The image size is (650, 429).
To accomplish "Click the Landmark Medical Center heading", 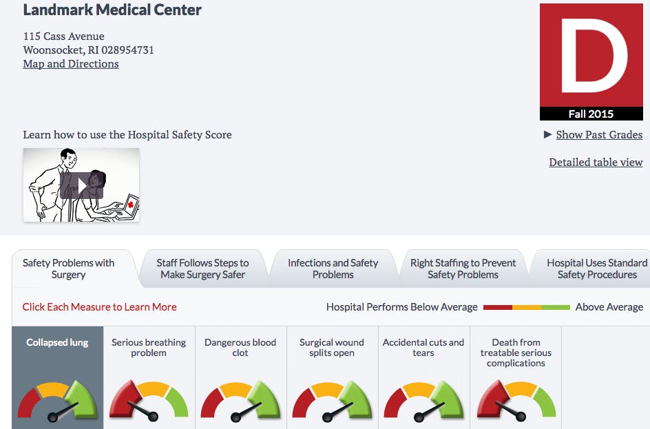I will (x=112, y=10).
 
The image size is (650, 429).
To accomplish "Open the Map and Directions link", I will (x=71, y=64).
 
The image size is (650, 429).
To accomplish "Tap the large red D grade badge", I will (x=591, y=56).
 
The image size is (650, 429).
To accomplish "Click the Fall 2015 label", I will (x=591, y=114).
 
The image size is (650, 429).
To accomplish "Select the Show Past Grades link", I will (x=599, y=135).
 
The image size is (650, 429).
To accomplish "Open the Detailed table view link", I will (x=596, y=163).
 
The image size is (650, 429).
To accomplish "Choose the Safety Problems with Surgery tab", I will (x=69, y=269).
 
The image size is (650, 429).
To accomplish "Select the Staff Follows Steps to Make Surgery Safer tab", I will (x=202, y=269).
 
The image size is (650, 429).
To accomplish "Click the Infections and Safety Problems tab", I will (x=333, y=269).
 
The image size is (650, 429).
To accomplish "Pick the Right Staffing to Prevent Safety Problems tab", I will (x=463, y=269).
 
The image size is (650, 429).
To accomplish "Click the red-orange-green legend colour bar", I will (x=527, y=307).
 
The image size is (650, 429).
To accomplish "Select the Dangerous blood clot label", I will (x=240, y=347).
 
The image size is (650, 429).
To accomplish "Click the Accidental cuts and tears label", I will (x=423, y=347).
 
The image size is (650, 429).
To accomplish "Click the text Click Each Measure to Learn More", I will (x=100, y=307).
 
